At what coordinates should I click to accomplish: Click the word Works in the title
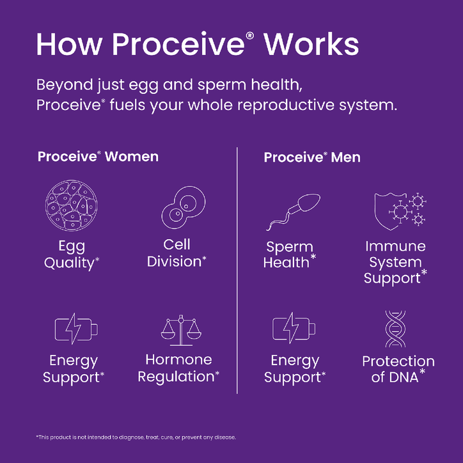[311, 44]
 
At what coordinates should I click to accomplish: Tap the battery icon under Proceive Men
[294, 329]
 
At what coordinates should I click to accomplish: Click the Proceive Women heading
[98, 157]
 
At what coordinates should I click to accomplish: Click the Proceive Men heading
[312, 157]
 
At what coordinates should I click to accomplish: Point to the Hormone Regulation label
[178, 368]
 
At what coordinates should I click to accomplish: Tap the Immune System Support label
[395, 262]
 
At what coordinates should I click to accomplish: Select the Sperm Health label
[290, 255]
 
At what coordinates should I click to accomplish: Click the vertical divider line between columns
[237, 269]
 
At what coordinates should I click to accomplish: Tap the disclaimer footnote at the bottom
[136, 437]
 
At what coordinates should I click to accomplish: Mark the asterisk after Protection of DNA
[423, 373]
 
